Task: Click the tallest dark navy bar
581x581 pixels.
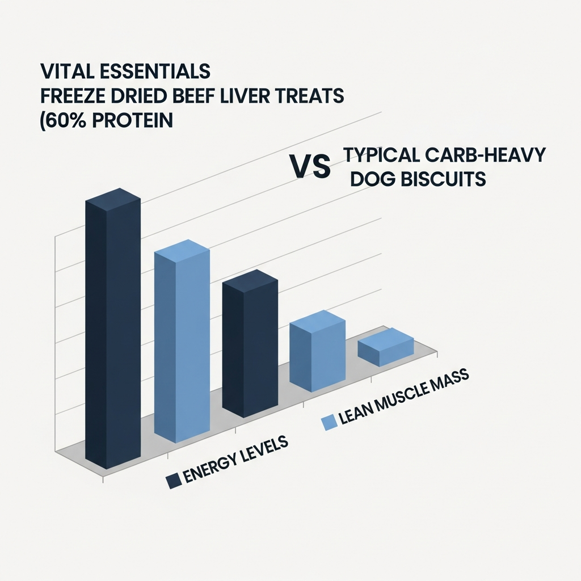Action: pyautogui.click(x=113, y=329)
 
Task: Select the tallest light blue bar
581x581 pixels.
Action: pyautogui.click(x=182, y=341)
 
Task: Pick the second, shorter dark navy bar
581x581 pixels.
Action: pyautogui.click(x=250, y=343)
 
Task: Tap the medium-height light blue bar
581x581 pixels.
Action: pyautogui.click(x=318, y=351)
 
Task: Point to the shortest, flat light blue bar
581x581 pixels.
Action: pyautogui.click(x=386, y=347)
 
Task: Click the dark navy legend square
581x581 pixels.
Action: pyautogui.click(x=174, y=481)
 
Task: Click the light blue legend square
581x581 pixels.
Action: pyautogui.click(x=329, y=422)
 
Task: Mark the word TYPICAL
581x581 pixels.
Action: pyautogui.click(x=381, y=154)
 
